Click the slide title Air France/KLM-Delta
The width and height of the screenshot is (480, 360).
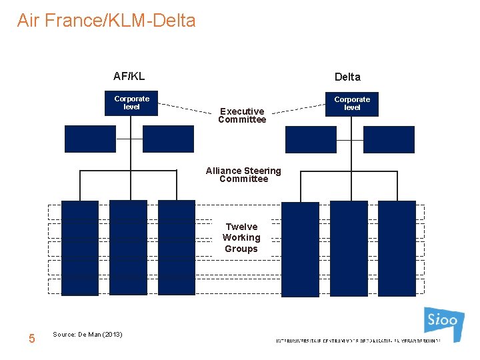point(107,21)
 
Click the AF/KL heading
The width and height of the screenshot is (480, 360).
point(129,76)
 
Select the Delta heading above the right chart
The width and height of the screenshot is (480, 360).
point(347,77)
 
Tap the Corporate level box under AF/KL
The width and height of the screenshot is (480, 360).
point(131,103)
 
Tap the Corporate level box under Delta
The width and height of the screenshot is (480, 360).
point(351,104)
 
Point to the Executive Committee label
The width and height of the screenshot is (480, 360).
point(242,115)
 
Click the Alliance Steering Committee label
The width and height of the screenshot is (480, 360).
point(243,175)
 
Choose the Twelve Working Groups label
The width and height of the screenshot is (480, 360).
point(241,238)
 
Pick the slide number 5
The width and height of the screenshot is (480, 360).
point(31,339)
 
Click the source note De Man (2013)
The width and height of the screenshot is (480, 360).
point(87,334)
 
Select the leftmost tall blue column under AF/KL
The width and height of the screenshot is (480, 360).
point(80,247)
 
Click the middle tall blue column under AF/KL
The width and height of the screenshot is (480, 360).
point(128,247)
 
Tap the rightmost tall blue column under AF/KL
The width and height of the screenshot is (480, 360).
point(177,247)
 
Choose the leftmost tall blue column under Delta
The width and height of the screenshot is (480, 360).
point(300,249)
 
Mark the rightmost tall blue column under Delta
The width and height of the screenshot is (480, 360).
point(397,247)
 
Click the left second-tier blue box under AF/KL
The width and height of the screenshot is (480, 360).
point(90,139)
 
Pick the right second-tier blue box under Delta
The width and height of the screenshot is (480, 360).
point(389,139)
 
